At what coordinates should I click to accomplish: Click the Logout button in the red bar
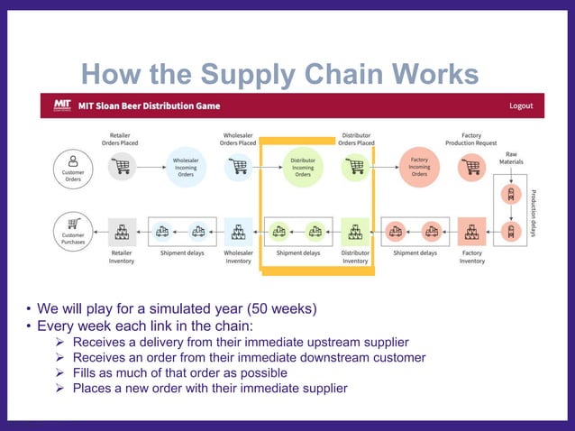[521, 105]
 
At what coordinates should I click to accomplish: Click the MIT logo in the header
[63, 105]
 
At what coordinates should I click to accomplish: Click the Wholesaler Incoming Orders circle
[185, 168]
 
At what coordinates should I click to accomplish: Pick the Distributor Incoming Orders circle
[302, 168]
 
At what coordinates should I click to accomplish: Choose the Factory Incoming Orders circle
[419, 168]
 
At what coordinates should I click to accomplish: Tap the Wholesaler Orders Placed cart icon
[238, 167]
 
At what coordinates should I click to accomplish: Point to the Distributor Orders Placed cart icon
[355, 167]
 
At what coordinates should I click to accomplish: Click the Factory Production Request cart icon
[471, 167]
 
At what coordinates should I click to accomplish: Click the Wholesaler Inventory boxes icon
[238, 233]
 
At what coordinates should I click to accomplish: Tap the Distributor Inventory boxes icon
[355, 233]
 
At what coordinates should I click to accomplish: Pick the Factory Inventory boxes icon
[471, 233]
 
